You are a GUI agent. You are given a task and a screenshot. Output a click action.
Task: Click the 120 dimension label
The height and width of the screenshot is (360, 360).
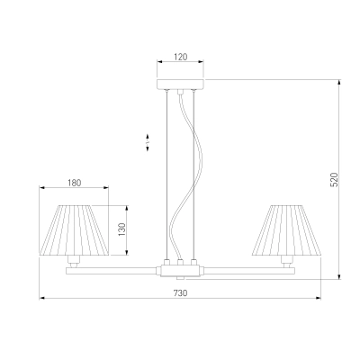(181, 57)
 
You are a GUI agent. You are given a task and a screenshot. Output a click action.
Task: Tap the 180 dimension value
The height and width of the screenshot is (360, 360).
(74, 183)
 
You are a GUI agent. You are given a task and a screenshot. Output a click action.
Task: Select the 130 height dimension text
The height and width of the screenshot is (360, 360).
(122, 229)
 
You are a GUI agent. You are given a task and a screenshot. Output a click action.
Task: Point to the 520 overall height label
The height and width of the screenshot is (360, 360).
(334, 179)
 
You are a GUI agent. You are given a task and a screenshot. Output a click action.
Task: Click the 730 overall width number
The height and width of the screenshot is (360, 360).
(180, 293)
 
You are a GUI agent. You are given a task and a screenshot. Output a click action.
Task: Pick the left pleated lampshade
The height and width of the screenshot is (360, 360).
(74, 230)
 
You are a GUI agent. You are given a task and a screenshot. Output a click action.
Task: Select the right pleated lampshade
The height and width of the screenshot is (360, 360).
(287, 230)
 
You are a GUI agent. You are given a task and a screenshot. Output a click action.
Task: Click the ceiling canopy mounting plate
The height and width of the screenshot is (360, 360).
(180, 85)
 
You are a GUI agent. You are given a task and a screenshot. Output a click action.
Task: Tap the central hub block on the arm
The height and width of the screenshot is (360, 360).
(180, 270)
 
